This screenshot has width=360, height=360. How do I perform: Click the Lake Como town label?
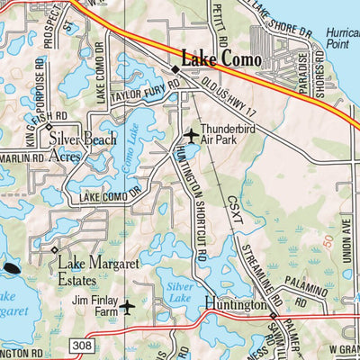coord(221,58)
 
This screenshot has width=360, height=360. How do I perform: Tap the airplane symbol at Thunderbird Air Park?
coord(191,136)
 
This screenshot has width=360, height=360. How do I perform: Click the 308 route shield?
coord(79,345)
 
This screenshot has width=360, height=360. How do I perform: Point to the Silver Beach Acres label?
coord(81,147)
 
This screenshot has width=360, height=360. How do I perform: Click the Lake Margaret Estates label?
coord(98,271)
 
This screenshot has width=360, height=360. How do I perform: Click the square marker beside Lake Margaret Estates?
coord(55,249)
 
